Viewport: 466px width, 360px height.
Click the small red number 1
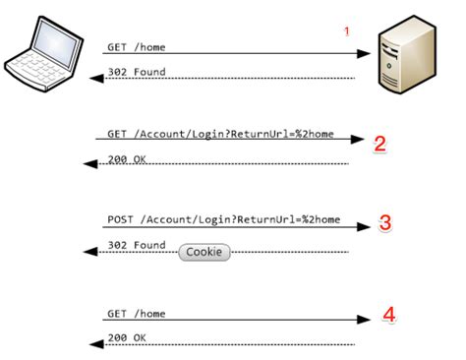[346, 32]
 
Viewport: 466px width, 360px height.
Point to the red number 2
[380, 144]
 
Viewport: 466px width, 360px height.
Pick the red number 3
[385, 223]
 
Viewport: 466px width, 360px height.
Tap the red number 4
[389, 316]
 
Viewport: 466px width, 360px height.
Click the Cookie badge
[204, 252]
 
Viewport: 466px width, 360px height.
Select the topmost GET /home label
[136, 46]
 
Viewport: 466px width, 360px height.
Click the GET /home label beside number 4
[136, 313]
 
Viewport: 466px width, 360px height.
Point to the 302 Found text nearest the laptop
[136, 71]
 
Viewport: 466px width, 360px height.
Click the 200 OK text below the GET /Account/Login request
[127, 158]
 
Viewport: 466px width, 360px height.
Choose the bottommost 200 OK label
[125, 337]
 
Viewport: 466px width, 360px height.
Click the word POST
[120, 218]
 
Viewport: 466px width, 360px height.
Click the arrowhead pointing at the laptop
[95, 79]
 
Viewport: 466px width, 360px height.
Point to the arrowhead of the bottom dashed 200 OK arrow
[95, 344]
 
